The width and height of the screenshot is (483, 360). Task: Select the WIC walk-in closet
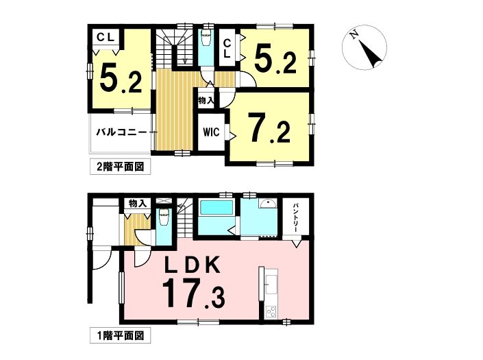211,132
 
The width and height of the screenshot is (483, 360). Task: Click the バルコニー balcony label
122,132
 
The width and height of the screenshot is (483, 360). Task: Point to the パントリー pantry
296,217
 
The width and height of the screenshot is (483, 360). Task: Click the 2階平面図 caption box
120,167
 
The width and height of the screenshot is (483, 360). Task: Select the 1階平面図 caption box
120,335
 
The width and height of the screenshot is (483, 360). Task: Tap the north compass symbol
364,47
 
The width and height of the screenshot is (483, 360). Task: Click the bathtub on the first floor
216,208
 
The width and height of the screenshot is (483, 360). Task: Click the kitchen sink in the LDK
271,284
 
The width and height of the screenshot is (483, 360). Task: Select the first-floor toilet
163,215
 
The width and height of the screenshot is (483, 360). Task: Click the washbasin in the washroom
268,204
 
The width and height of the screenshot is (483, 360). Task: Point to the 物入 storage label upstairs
206,100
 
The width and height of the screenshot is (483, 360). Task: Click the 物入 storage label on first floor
137,204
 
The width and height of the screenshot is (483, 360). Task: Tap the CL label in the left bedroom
106,38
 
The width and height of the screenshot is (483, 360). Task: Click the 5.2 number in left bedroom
121,78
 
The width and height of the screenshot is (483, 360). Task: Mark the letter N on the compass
355,34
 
